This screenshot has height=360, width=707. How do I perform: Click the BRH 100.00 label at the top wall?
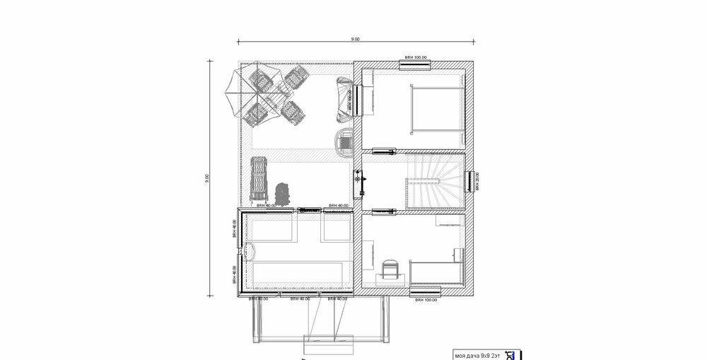[416, 56]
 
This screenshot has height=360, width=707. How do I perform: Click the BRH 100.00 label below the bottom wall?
[426, 299]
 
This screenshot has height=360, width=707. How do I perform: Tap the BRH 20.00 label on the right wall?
[478, 181]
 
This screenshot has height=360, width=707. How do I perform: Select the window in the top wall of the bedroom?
[416, 64]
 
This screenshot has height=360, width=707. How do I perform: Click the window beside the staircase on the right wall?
[469, 181]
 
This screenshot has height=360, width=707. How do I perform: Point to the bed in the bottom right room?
[436, 270]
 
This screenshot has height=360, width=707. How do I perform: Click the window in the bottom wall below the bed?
[426, 291]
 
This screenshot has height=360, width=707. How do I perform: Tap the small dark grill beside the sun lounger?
[285, 192]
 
